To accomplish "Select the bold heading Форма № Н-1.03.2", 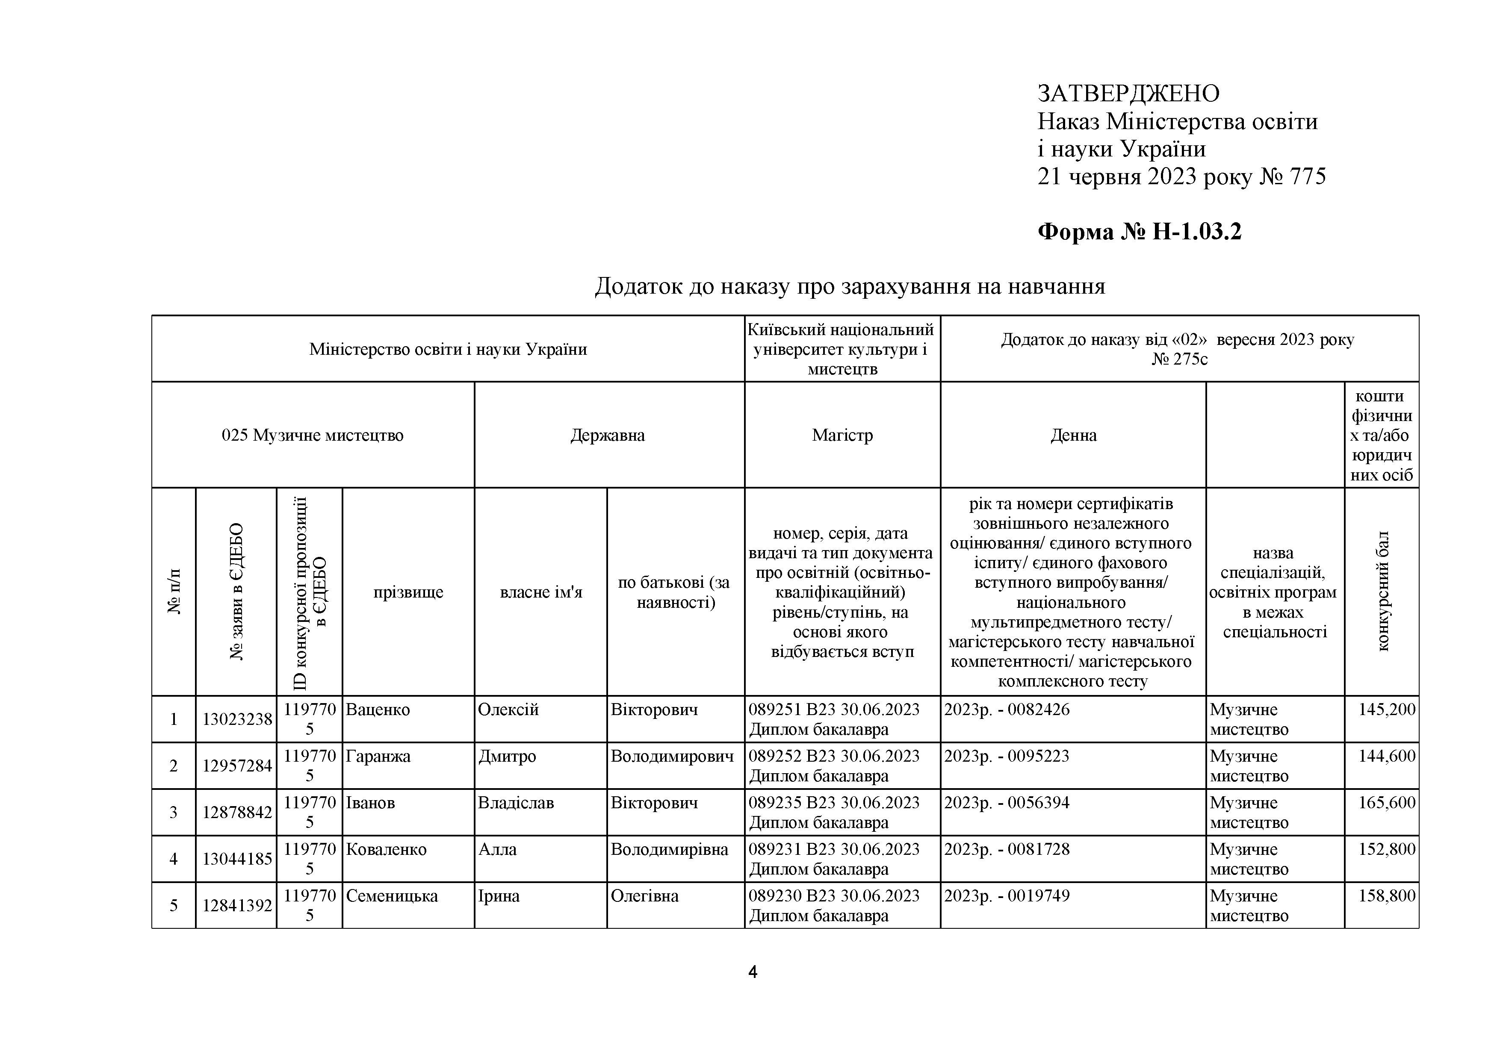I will point(1140,231).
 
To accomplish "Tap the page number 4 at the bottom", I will point(752,972).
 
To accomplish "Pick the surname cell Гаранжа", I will point(378,756).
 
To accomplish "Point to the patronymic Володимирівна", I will point(669,850).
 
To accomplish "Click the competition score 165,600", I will point(1386,803).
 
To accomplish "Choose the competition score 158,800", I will point(1386,895).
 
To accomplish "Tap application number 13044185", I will point(236,859).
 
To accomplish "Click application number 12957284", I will point(236,766).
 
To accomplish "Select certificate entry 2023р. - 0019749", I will point(1007,895).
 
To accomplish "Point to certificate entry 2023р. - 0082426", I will point(1007,710).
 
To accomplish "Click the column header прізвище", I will point(408,592).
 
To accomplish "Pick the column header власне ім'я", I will point(541,592).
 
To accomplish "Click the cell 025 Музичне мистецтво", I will point(312,435).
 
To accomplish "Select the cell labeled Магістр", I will point(842,435).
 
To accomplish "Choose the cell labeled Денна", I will point(1073,435).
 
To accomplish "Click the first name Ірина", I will point(499,896).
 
